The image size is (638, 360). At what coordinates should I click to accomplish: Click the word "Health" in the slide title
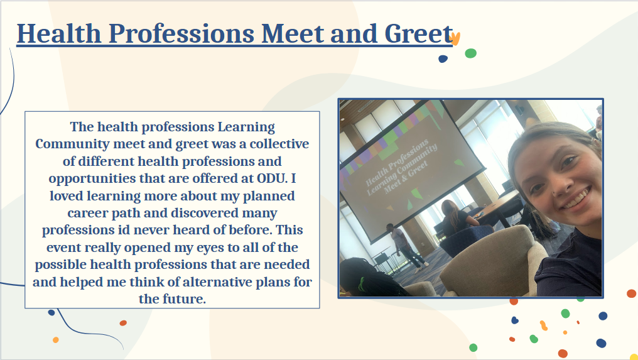tap(58, 33)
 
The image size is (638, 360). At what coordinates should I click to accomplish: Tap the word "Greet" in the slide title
tap(418, 33)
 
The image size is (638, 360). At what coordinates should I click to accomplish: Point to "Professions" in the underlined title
tap(181, 33)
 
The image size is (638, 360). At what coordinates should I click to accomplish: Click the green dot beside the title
tap(471, 53)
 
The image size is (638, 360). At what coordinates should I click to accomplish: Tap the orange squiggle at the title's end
tap(455, 39)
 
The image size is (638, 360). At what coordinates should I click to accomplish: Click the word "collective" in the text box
tap(279, 144)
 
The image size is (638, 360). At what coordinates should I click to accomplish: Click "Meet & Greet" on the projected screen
tap(406, 177)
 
